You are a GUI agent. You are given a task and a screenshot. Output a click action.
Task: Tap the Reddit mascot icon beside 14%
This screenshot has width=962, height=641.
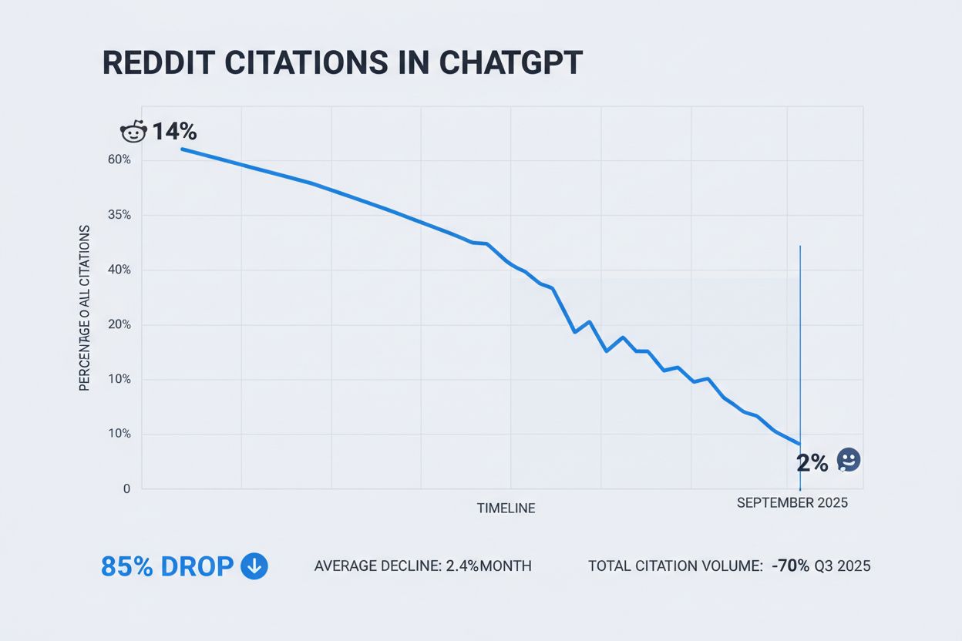click(133, 132)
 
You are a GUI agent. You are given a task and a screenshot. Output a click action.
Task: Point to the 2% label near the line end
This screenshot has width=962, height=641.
click(812, 463)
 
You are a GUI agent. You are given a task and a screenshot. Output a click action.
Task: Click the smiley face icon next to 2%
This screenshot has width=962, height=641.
click(848, 461)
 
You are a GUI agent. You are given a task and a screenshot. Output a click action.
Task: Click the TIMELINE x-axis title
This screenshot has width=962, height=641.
click(506, 508)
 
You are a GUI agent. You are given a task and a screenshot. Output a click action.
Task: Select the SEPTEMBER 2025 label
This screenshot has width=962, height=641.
click(792, 503)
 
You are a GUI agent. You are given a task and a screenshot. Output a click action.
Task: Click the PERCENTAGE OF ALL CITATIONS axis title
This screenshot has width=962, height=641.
click(85, 308)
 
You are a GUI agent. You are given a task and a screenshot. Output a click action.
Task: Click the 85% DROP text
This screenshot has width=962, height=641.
click(166, 566)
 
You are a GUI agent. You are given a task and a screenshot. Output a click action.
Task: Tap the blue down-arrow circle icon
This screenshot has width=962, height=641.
click(254, 566)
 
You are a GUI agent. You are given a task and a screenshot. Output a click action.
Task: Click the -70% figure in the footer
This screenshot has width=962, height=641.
click(790, 566)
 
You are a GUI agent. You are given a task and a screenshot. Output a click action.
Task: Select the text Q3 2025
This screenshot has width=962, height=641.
click(843, 566)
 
